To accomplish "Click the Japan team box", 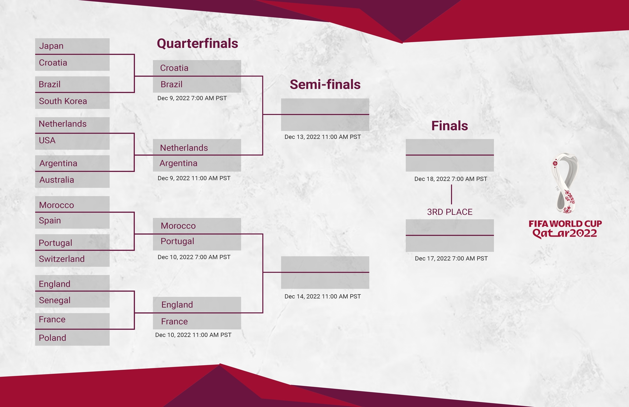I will click(x=72, y=46).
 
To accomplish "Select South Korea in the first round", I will click(x=72, y=101).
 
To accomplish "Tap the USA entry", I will click(x=72, y=141).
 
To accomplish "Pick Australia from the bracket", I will click(x=72, y=180).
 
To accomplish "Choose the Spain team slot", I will click(x=72, y=220).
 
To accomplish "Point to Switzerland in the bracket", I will click(x=72, y=259).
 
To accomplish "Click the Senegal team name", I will click(x=72, y=300).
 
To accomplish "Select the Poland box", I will click(x=72, y=338).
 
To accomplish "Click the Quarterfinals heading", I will click(x=197, y=44).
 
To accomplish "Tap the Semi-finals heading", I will click(x=325, y=85).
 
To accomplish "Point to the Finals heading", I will click(x=450, y=126).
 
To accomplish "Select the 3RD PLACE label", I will click(x=450, y=212).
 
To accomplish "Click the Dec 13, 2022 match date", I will click(x=322, y=137).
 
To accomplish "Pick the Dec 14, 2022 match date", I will click(x=322, y=296).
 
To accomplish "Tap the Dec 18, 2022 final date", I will click(x=451, y=179).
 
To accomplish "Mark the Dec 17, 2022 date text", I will click(x=451, y=258).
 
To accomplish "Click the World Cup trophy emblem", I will click(x=565, y=183).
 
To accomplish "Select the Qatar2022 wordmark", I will click(x=565, y=234).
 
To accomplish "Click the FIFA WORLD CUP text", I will click(x=565, y=224).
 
